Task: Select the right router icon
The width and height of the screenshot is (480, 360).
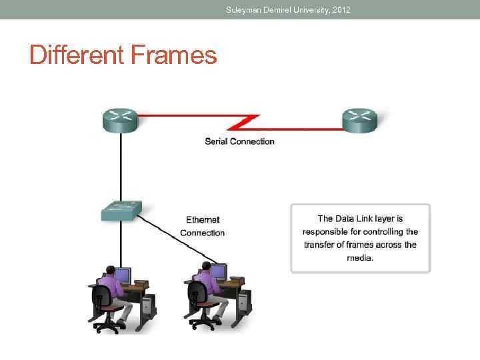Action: point(360,120)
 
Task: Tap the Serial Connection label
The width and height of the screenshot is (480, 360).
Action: point(239,141)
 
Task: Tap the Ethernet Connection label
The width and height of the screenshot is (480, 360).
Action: point(203,226)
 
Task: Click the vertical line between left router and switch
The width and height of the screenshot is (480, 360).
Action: point(121,167)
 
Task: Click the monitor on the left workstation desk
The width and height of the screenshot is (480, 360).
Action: point(123,274)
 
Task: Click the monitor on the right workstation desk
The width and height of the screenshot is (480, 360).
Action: point(219,273)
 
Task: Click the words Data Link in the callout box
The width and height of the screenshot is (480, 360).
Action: point(353,219)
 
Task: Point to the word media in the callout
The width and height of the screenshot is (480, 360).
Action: point(360,257)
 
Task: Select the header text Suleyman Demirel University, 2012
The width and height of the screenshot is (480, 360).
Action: point(287,9)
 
